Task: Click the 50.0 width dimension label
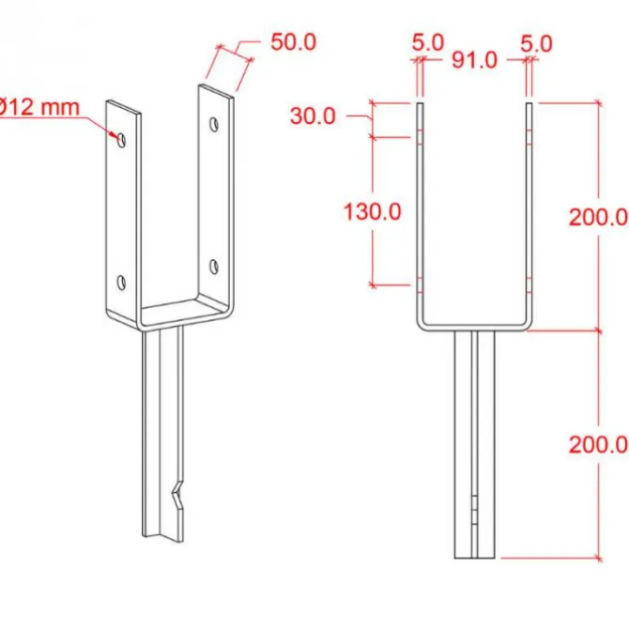pyautogui.click(x=293, y=42)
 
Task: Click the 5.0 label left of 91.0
pyautogui.click(x=427, y=42)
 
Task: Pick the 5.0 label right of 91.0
pyautogui.click(x=536, y=42)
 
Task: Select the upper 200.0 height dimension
pyautogui.click(x=597, y=217)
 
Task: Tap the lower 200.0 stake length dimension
pyautogui.click(x=597, y=443)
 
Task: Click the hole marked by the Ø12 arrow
pyautogui.click(x=121, y=138)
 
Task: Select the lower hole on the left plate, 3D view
pyautogui.click(x=121, y=281)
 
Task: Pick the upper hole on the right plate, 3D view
pyautogui.click(x=215, y=123)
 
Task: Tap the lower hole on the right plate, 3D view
pyautogui.click(x=215, y=267)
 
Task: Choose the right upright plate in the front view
pyautogui.click(x=529, y=211)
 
